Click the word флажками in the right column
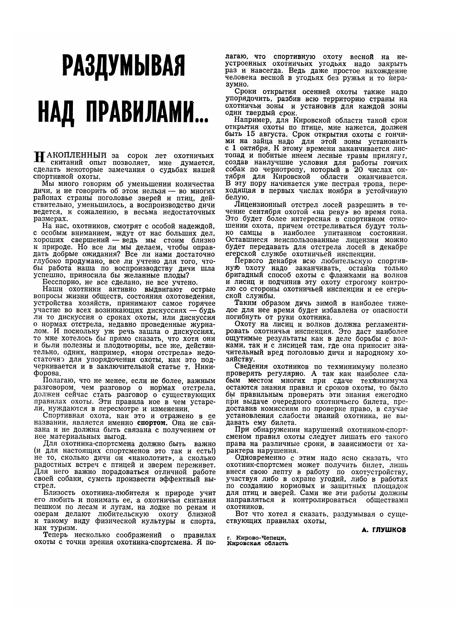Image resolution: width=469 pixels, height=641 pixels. pyautogui.click(x=345, y=275)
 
